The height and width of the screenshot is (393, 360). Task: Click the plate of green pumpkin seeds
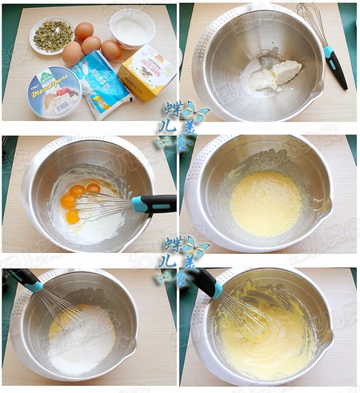[52, 36]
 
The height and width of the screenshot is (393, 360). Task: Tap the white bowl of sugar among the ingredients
[132, 30]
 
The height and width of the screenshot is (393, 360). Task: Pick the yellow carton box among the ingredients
[147, 72]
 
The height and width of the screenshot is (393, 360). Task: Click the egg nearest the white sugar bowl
[110, 50]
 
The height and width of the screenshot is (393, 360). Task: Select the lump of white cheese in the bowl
[276, 75]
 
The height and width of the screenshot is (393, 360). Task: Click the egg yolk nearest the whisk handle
[94, 189]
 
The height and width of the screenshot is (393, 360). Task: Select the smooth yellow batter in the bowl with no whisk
[266, 203]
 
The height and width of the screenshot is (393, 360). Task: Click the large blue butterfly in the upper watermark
[194, 111]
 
